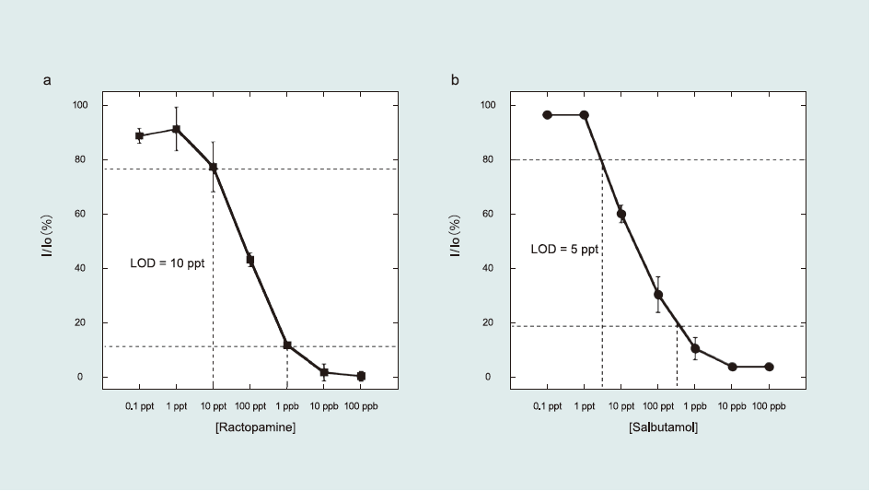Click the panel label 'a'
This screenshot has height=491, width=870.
(x=47, y=81)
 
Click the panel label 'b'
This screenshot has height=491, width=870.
(x=455, y=81)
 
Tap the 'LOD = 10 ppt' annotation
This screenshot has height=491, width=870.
(x=167, y=263)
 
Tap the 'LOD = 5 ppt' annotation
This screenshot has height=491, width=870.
(x=564, y=249)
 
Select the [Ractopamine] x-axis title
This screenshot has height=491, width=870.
(x=249, y=427)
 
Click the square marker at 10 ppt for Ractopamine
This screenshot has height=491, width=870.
(x=213, y=168)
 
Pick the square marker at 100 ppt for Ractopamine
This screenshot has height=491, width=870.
(x=249, y=260)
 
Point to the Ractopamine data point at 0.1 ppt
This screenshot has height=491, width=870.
(x=139, y=136)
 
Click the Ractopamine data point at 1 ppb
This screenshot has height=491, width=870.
(x=287, y=345)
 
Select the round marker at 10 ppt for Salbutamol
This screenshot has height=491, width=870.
(x=621, y=214)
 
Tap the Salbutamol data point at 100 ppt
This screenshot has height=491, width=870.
(x=658, y=295)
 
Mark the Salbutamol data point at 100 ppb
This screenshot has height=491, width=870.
(x=769, y=367)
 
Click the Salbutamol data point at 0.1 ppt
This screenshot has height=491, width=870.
(x=547, y=115)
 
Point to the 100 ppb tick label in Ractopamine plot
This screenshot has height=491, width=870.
(x=360, y=405)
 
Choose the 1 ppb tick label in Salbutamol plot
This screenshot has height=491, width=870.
(x=695, y=405)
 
